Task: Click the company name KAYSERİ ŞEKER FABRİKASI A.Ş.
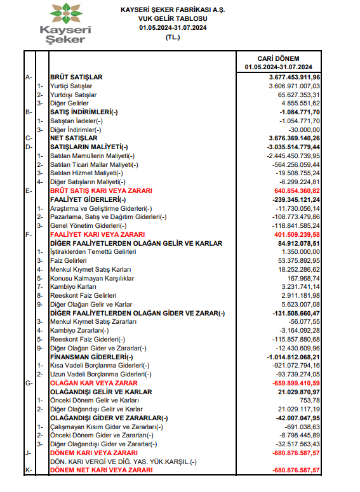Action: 173,10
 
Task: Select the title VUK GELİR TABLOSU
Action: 173,19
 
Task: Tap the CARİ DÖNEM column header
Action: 278,58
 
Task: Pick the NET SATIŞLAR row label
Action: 73,138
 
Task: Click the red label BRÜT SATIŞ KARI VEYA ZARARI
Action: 101,190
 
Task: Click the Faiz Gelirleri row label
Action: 69,260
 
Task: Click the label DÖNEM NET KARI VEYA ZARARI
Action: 101,470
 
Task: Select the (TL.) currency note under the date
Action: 173,37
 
